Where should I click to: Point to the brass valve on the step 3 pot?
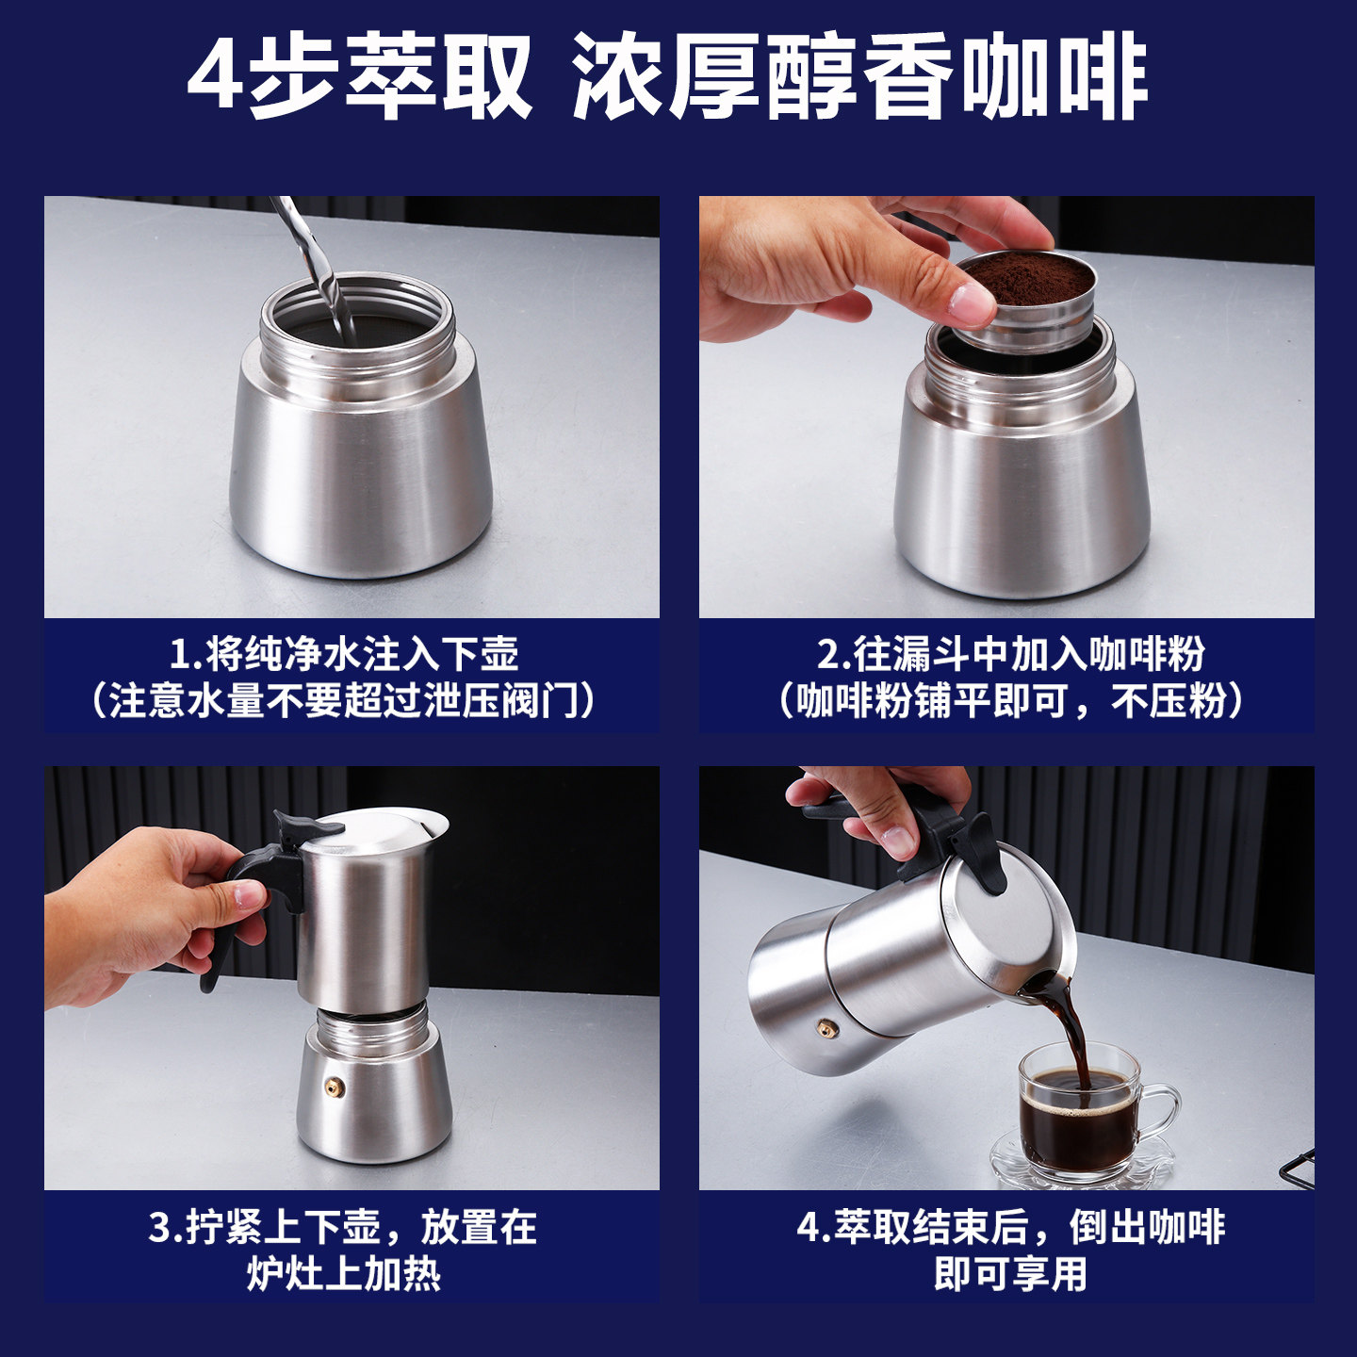coord(335,1087)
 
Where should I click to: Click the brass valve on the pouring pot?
coord(826,1030)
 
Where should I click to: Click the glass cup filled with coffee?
coord(1079,1117)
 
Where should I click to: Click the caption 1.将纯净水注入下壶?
coord(344,653)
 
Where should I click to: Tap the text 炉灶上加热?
coord(344,1275)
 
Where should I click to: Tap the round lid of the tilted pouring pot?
coord(1013,919)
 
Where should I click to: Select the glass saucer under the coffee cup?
coord(1084,1169)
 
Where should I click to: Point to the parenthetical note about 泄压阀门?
coord(344,701)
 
